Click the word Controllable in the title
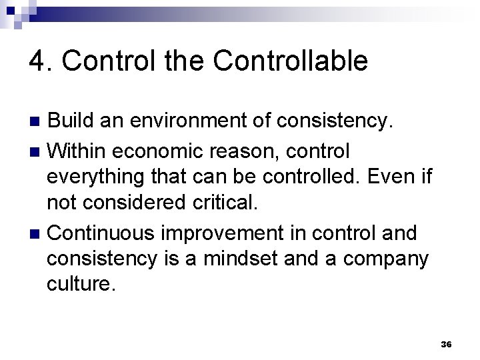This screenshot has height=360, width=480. point(291,61)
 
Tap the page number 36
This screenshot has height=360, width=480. point(447,344)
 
